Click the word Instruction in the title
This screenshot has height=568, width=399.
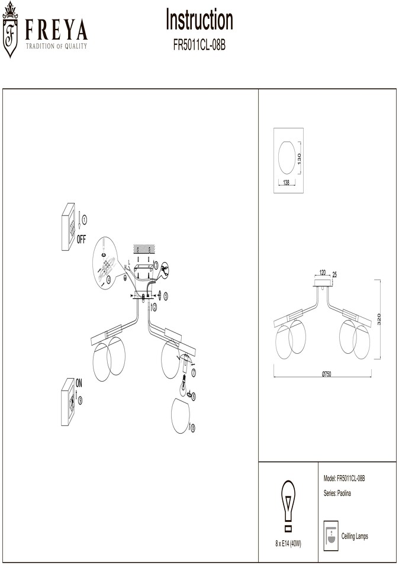(x=199, y=20)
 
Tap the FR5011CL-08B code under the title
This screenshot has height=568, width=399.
(x=199, y=46)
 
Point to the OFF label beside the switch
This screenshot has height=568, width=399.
(x=81, y=239)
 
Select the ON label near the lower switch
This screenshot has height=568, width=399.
(x=79, y=383)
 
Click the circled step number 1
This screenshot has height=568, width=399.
(x=85, y=219)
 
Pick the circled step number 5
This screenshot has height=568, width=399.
(x=166, y=296)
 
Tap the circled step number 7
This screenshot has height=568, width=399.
(x=194, y=373)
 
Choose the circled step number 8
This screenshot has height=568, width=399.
(x=192, y=428)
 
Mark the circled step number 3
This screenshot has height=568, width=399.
(x=156, y=265)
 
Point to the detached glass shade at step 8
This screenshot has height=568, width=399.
(x=181, y=416)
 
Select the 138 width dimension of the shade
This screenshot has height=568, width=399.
(x=287, y=183)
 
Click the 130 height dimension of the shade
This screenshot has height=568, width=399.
(x=299, y=158)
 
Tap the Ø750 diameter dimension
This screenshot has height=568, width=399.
(x=326, y=375)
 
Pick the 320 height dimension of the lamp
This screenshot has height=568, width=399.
(x=379, y=319)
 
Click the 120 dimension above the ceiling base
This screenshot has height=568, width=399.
(x=323, y=272)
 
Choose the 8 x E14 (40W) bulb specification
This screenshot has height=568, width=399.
(x=288, y=544)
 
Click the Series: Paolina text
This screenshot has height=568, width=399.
(x=337, y=493)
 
